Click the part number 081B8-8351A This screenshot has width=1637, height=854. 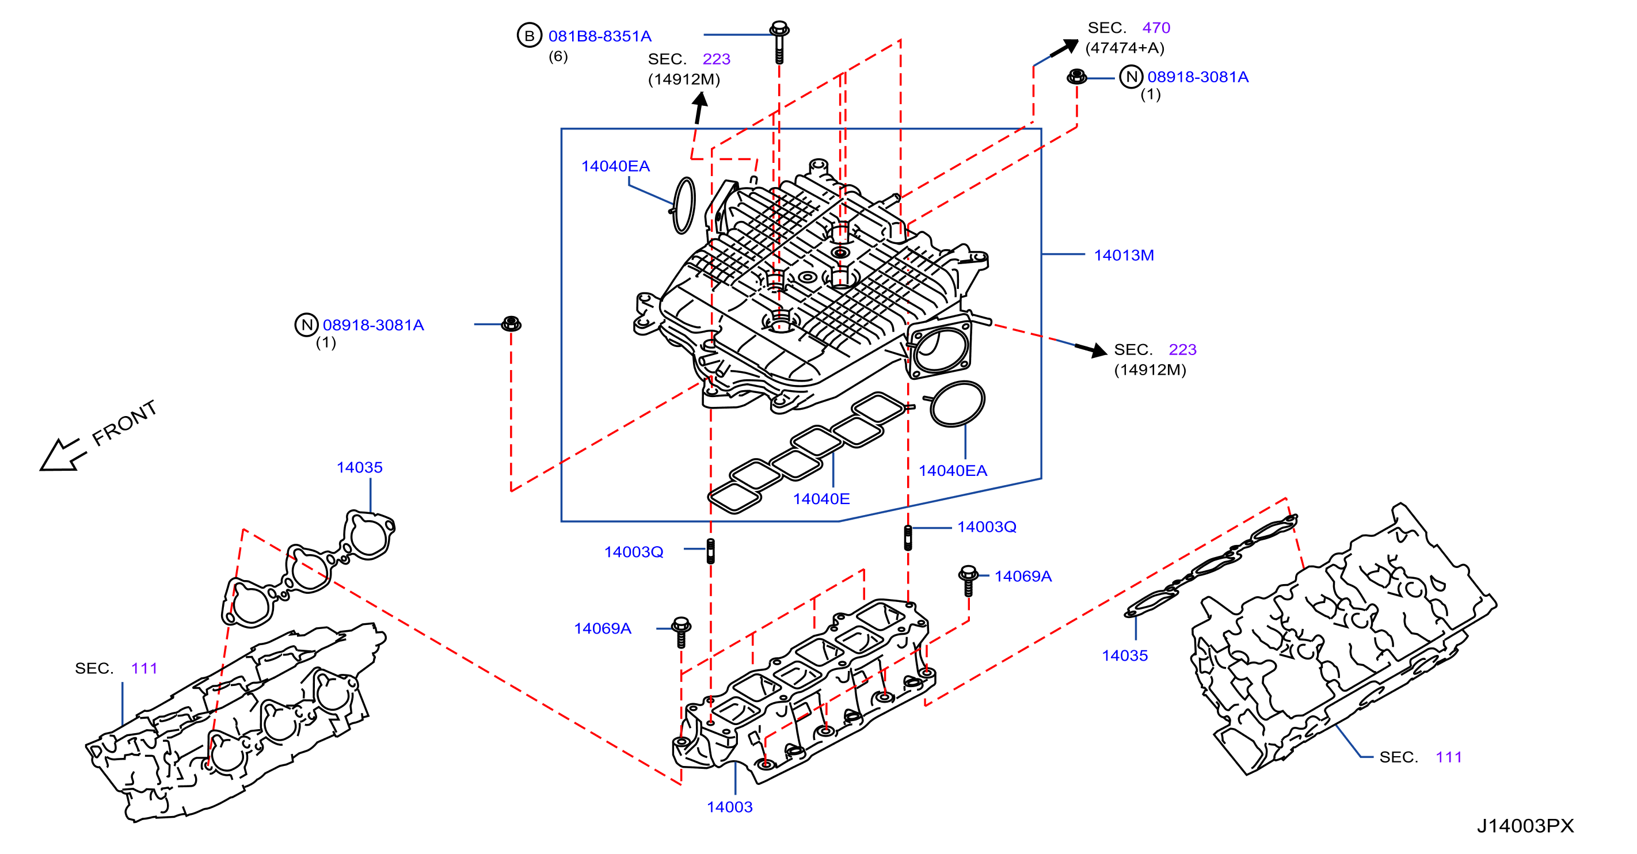(x=599, y=36)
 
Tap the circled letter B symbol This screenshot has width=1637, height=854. (x=529, y=36)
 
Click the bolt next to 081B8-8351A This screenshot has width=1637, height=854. (x=779, y=43)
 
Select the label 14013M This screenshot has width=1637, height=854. (x=1124, y=256)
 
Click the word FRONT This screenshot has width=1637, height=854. (x=124, y=423)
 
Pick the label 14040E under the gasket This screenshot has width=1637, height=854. (x=821, y=499)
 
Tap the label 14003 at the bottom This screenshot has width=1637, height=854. (x=729, y=807)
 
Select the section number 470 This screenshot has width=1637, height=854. (x=1156, y=28)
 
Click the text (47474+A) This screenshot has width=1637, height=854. (x=1124, y=48)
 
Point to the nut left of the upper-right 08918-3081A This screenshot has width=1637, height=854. (x=1076, y=77)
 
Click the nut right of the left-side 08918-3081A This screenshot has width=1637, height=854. (x=511, y=323)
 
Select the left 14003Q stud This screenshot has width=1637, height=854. (x=710, y=551)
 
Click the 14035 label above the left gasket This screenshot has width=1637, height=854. (x=360, y=468)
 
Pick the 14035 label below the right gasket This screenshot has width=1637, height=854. (x=1124, y=656)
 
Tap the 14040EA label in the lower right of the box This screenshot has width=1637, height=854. (x=953, y=471)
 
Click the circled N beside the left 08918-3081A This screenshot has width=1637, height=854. (x=306, y=325)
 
